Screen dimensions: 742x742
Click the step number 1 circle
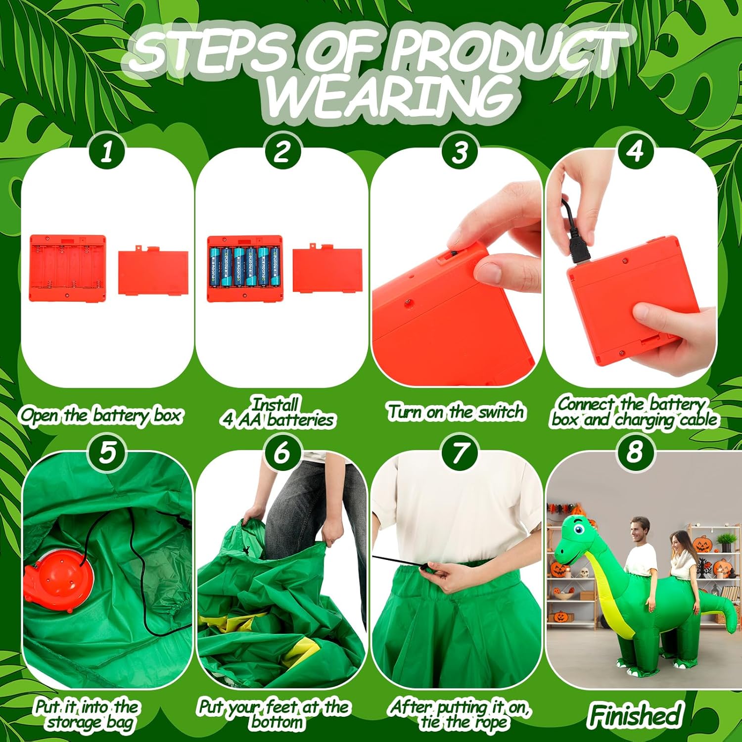pyautogui.click(x=107, y=151)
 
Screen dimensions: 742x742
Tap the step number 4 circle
pyautogui.click(x=635, y=151)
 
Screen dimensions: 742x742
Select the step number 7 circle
pyautogui.click(x=460, y=453)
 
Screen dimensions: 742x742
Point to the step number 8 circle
pyautogui.click(x=635, y=453)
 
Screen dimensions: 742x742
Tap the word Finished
pyautogui.click(x=636, y=715)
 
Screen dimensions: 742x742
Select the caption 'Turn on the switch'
pyautogui.click(x=456, y=412)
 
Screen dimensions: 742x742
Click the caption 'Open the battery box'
pyautogui.click(x=101, y=416)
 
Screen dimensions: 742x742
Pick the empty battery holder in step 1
pyautogui.click(x=68, y=268)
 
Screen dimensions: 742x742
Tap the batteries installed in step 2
pyautogui.click(x=245, y=267)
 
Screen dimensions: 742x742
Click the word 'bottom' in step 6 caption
pyautogui.click(x=277, y=723)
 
